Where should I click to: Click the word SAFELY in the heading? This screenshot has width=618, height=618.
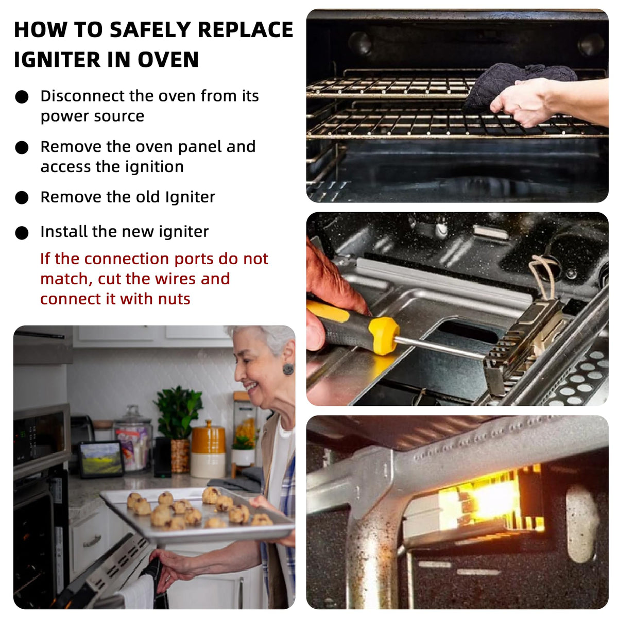click(149, 29)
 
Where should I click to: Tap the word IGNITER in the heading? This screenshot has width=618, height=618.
click(57, 59)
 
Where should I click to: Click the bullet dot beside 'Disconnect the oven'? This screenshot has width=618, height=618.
click(22, 96)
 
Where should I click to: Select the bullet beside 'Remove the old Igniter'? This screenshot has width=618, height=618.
click(22, 198)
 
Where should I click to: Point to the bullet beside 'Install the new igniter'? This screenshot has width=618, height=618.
click(22, 233)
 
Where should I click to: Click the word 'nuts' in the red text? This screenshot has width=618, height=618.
click(174, 299)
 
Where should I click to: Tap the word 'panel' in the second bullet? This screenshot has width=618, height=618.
click(199, 147)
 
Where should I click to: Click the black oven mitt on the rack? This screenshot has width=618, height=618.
click(517, 83)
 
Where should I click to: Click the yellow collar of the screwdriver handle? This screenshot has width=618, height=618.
click(383, 335)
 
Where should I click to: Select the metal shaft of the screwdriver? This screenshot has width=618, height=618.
click(439, 347)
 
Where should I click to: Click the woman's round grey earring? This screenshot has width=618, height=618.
click(288, 369)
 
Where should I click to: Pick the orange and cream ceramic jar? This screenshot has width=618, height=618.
click(209, 451)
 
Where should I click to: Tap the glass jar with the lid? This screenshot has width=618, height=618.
click(133, 438)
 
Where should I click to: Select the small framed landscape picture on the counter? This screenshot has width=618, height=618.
click(101, 459)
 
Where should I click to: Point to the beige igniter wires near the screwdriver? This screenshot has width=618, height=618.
click(544, 276)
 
